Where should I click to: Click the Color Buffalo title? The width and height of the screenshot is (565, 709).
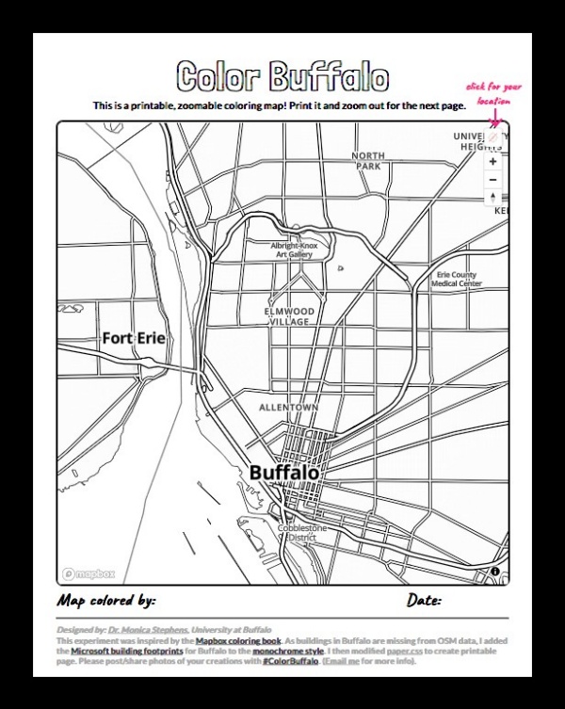point(282,77)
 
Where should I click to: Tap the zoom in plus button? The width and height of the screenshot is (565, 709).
point(493,162)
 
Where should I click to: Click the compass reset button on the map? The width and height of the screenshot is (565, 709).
point(493,198)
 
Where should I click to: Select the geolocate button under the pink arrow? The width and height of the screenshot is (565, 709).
point(493,137)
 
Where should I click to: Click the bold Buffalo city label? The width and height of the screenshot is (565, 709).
point(285,472)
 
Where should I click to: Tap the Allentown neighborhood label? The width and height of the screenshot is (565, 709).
point(289,407)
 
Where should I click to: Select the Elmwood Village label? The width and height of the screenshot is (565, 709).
point(289,316)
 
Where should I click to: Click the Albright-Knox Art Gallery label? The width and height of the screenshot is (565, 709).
point(294,250)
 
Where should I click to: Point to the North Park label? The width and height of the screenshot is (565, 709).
point(368,161)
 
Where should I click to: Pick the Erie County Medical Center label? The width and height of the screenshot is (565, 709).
point(457,280)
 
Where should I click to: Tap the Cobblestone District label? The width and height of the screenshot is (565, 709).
point(301,533)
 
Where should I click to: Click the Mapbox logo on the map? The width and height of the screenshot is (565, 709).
point(89,573)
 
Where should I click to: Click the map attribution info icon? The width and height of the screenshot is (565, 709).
point(495,572)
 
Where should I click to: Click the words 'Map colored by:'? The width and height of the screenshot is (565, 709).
point(106,600)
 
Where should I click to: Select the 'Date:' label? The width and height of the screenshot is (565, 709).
point(424,600)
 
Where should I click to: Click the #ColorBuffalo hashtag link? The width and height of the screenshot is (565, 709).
point(291,661)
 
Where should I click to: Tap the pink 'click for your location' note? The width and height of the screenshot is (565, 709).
point(488,93)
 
